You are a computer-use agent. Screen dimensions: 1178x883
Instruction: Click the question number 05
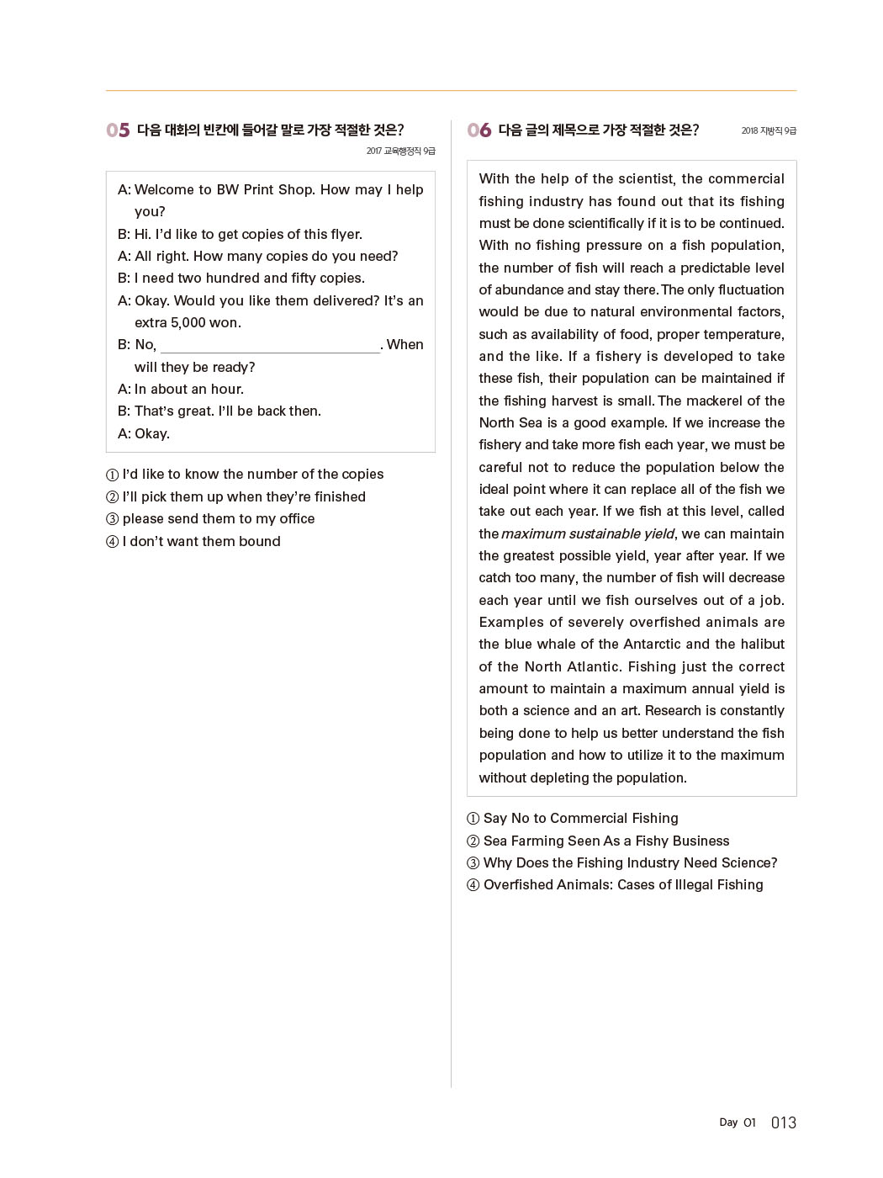click(x=118, y=130)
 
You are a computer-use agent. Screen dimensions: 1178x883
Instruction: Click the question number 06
click(x=479, y=130)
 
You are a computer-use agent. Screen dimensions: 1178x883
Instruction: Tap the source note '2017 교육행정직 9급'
click(x=400, y=151)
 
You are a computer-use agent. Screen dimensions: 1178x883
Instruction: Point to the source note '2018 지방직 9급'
click(x=769, y=131)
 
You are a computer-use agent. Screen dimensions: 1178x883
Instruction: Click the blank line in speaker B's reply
click(x=269, y=346)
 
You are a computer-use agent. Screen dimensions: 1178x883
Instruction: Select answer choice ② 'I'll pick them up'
click(x=244, y=497)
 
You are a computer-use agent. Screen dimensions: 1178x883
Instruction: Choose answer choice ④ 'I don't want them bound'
click(x=201, y=542)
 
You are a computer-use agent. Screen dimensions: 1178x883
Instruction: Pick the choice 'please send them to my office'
click(x=219, y=519)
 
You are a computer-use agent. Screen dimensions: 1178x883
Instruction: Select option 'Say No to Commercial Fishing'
click(x=580, y=819)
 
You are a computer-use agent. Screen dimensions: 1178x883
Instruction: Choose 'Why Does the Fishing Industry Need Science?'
click(x=630, y=863)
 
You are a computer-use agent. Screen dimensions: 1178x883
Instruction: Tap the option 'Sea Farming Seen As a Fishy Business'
click(x=606, y=841)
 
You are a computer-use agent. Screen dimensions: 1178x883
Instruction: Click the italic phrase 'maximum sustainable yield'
click(x=588, y=534)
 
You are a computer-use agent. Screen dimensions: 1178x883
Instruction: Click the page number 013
click(x=783, y=1122)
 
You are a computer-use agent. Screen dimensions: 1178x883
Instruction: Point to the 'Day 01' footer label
click(x=738, y=1122)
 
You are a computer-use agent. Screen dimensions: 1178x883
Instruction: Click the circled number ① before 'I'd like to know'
click(x=113, y=475)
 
